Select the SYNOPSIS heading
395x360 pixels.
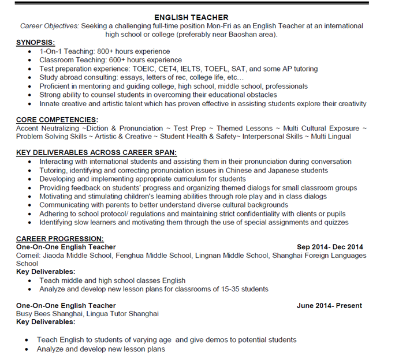[x=35, y=43]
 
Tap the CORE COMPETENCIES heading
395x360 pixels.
[x=57, y=120]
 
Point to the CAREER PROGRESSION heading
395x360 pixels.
[x=59, y=238]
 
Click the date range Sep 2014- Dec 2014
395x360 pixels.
[x=330, y=247]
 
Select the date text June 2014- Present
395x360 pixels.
[x=330, y=306]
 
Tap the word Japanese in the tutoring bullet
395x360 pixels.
[x=274, y=171]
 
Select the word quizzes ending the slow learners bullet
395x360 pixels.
[x=336, y=222]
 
